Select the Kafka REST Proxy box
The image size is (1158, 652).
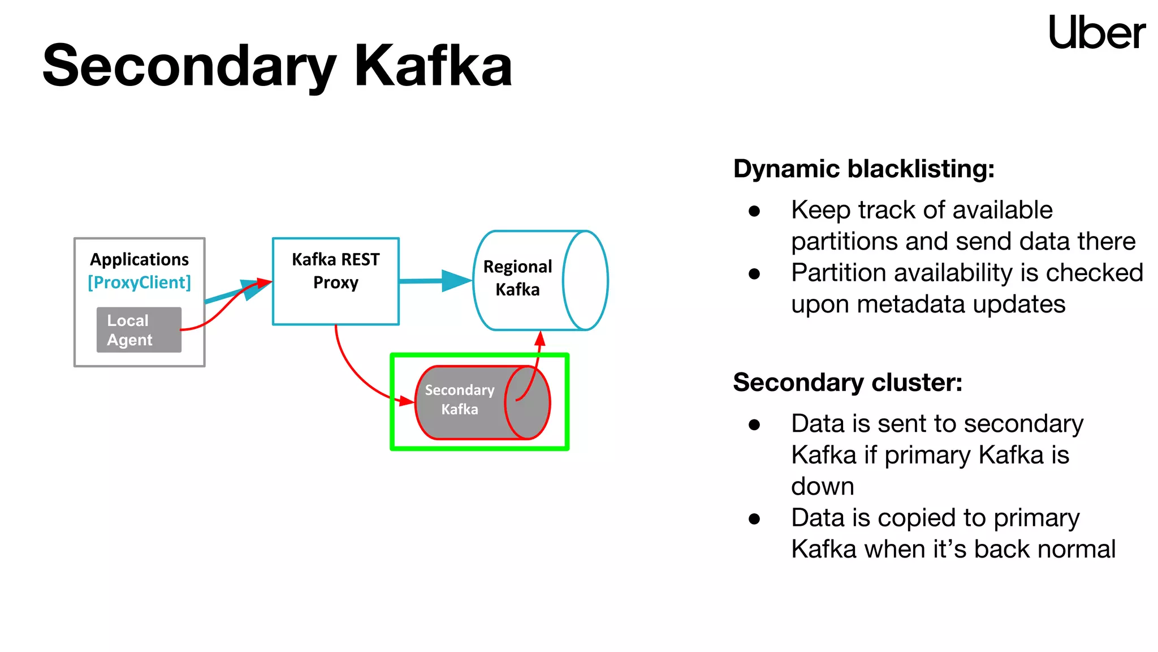[335, 281]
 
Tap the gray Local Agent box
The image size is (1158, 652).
[139, 330]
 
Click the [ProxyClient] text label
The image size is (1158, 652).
[139, 282]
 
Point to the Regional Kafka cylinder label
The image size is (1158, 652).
[517, 278]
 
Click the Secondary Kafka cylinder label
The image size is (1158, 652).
[459, 400]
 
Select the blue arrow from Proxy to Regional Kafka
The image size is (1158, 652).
[435, 280]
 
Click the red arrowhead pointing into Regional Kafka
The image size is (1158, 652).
[540, 338]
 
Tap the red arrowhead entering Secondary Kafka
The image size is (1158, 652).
[406, 401]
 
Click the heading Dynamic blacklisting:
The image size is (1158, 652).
[863, 169]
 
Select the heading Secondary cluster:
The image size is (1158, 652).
[847, 383]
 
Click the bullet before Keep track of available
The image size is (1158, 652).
[754, 211]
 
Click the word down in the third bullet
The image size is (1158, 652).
[822, 487]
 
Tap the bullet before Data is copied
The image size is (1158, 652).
[754, 519]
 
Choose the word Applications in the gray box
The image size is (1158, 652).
[139, 259]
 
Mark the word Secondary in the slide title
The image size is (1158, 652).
[189, 66]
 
